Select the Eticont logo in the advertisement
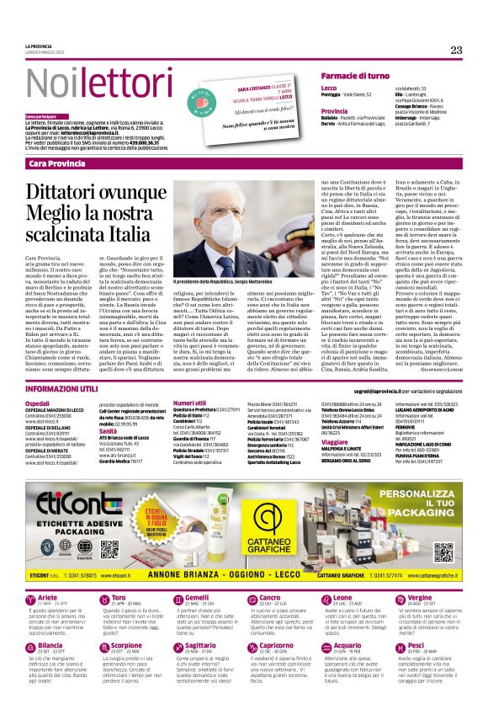click(x=66, y=493)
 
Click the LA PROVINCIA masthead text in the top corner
click(x=38, y=45)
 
